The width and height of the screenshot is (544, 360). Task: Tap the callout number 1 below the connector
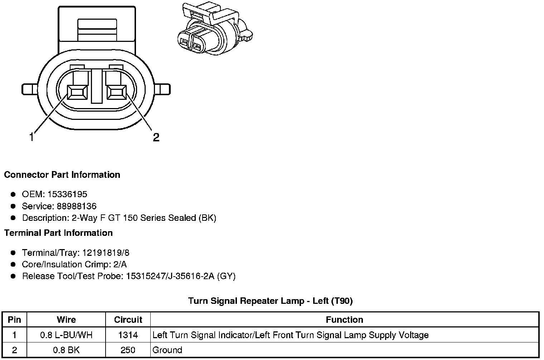pyautogui.click(x=32, y=137)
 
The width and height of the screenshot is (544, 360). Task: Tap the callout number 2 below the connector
pyautogui.click(x=156, y=137)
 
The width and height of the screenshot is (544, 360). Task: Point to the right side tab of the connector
pyautogui.click(x=163, y=89)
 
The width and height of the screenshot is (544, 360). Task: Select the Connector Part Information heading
pyautogui.click(x=62, y=175)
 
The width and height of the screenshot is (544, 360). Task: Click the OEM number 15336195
pyautogui.click(x=67, y=194)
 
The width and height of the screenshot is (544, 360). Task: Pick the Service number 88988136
pyautogui.click(x=77, y=206)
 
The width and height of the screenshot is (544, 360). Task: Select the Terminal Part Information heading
pyautogui.click(x=58, y=233)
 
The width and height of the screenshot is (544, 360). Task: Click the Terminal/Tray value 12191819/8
pyautogui.click(x=106, y=253)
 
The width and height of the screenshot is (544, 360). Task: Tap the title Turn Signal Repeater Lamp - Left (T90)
pyautogui.click(x=271, y=301)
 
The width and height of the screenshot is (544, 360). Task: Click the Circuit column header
pyautogui.click(x=128, y=320)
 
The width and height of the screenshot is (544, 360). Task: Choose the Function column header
pyautogui.click(x=344, y=320)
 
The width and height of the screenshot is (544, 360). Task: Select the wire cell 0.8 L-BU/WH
pyautogui.click(x=66, y=335)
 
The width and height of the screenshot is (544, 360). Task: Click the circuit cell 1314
pyautogui.click(x=128, y=335)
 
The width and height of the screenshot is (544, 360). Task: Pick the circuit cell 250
pyautogui.click(x=128, y=350)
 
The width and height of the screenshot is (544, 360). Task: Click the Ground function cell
pyautogui.click(x=167, y=350)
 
